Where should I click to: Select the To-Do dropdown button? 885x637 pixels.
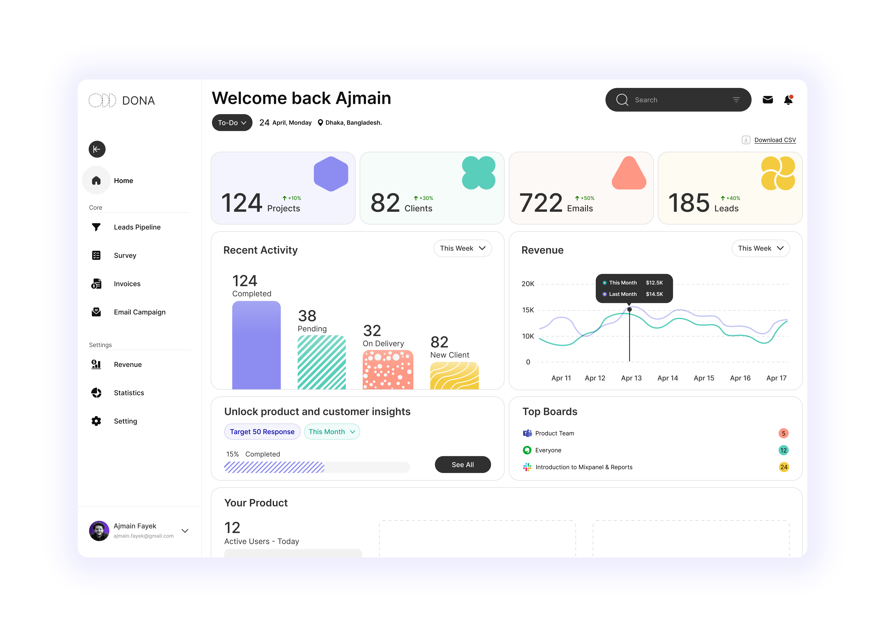[x=232, y=123]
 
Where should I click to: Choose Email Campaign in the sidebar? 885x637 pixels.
[x=139, y=312]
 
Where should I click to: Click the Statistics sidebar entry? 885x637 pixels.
[x=129, y=393]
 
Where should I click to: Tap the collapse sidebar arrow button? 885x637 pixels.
[x=97, y=149]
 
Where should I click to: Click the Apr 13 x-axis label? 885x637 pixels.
[x=631, y=378]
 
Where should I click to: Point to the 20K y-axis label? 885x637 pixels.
[x=528, y=284]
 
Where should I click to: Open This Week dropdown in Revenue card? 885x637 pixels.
[x=760, y=248]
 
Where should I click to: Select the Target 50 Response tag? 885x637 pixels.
[x=262, y=432]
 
